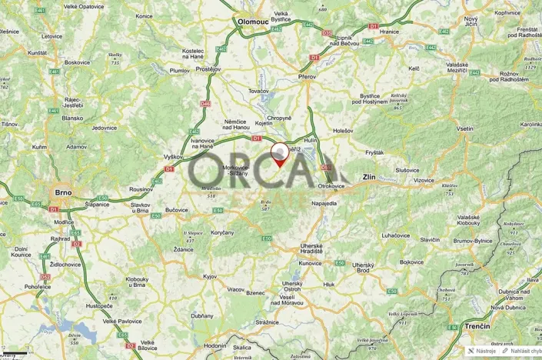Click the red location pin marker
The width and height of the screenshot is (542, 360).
pyautogui.click(x=280, y=154)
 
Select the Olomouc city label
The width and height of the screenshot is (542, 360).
pyautogui.click(x=252, y=22)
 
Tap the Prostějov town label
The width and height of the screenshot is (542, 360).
pyautogui.click(x=208, y=68)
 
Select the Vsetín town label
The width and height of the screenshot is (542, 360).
pyautogui.click(x=464, y=128)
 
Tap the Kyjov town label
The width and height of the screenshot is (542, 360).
pyautogui.click(x=210, y=275)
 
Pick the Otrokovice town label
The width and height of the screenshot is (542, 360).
pyautogui.click(x=336, y=186)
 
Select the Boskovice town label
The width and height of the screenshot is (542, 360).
pyautogui.click(x=78, y=62)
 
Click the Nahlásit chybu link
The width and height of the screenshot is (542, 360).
pyautogui.click(x=522, y=351)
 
